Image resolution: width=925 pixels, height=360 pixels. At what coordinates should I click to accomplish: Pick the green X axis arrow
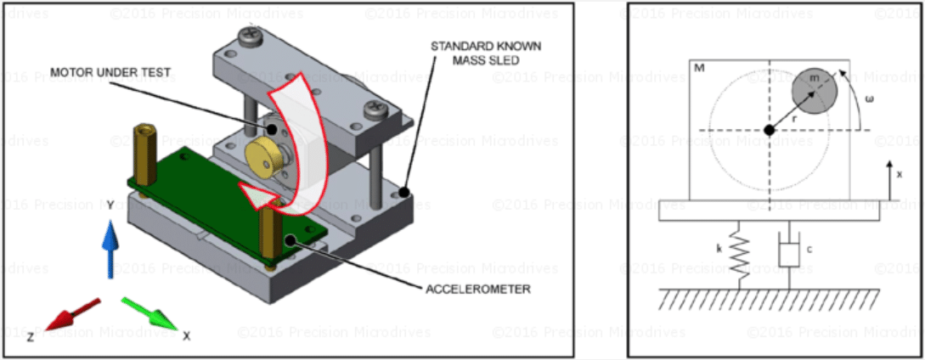tap(149, 313)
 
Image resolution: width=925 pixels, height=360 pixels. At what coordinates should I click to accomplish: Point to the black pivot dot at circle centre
tap(770, 130)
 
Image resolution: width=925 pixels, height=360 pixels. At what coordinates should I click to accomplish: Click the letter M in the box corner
tap(698, 67)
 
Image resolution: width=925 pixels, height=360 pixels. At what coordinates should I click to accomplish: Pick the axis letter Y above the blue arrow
tap(110, 205)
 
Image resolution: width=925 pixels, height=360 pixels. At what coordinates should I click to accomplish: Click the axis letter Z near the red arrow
tap(31, 336)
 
